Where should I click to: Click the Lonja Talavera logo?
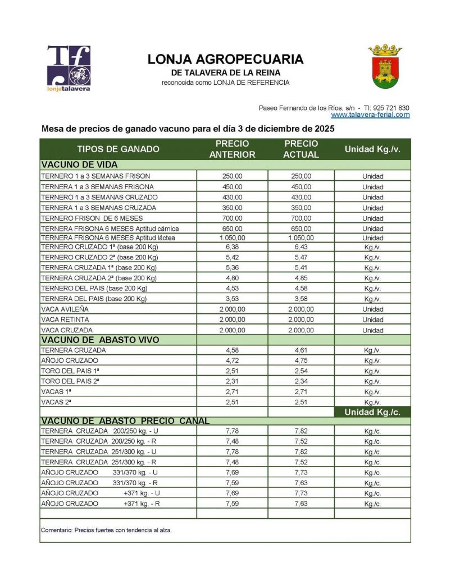pyautogui.click(x=69, y=68)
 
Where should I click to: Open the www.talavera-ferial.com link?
pyautogui.click(x=370, y=115)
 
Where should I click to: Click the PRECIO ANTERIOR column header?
pyautogui.click(x=232, y=149)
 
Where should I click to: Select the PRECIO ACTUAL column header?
pyautogui.click(x=301, y=149)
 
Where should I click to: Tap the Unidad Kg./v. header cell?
pyautogui.click(x=372, y=149)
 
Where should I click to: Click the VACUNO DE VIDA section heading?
pyautogui.click(x=79, y=165)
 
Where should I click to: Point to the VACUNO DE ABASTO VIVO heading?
pyautogui.click(x=101, y=340)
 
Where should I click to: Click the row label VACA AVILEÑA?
pyautogui.click(x=65, y=309)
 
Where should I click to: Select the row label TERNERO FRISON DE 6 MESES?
pyautogui.click(x=92, y=218)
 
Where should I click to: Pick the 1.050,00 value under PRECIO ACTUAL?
pyautogui.click(x=302, y=238)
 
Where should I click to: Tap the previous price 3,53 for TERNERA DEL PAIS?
pyautogui.click(x=232, y=299)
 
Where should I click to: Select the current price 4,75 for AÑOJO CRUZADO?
pyautogui.click(x=302, y=360)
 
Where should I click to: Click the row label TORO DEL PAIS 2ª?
pyautogui.click(x=70, y=381)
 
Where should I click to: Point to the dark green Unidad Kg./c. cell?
pyautogui.click(x=372, y=412)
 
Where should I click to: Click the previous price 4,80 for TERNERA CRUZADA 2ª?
pyautogui.click(x=232, y=278)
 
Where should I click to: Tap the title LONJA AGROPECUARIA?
pyautogui.click(x=225, y=60)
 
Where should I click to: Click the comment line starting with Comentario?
pyautogui.click(x=107, y=530)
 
